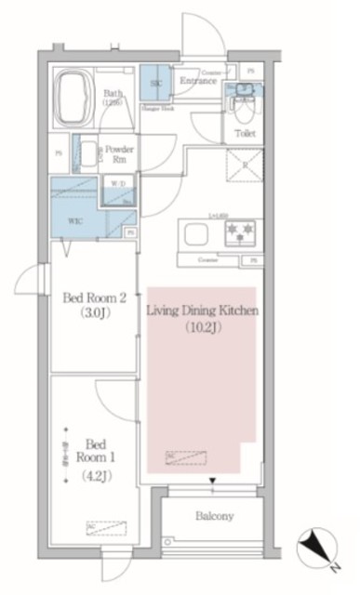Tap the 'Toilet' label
click(245, 134)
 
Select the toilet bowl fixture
click(244, 109)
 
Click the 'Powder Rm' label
click(119, 153)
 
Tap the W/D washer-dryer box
click(120, 183)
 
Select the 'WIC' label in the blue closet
click(73, 222)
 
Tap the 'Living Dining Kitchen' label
click(202, 310)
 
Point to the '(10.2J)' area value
click(202, 327)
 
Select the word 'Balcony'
click(214, 516)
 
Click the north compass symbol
click(317, 546)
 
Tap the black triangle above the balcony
click(214, 481)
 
